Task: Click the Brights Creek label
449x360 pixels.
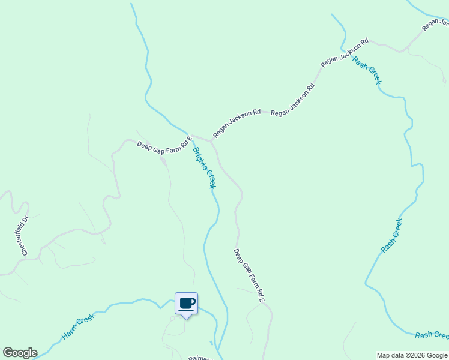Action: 203,167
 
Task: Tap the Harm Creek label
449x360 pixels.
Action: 79,326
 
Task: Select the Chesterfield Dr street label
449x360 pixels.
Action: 25,236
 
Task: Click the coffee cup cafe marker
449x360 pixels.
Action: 186,304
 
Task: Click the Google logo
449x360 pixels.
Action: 20,353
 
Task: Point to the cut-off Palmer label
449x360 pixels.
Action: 199,358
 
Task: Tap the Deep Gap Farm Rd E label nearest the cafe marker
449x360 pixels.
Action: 249,275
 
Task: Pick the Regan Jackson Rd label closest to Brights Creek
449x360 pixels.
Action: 237,123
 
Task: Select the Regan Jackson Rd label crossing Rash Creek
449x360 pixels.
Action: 344,53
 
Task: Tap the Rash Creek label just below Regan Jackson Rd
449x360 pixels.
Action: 367,70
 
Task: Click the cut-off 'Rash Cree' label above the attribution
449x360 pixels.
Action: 432,335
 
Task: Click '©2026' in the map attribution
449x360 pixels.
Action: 412,355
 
